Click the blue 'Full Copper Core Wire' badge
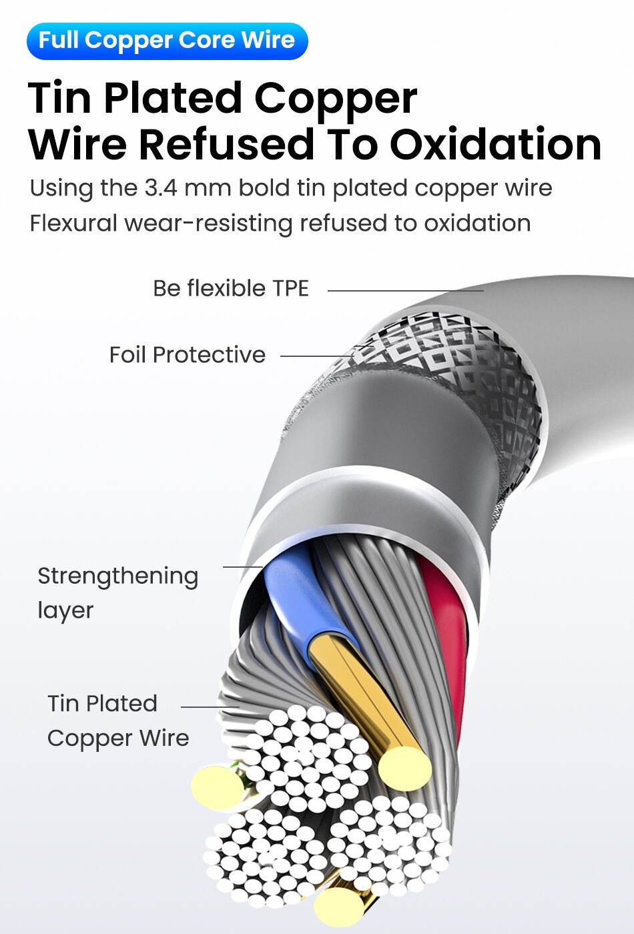click(167, 41)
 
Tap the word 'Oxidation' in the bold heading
click(495, 144)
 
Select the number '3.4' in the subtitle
click(160, 188)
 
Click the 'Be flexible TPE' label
click(231, 288)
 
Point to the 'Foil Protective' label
click(187, 355)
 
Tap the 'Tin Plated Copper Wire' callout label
click(118, 721)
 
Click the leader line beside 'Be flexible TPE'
click(405, 291)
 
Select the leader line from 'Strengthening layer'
click(242, 567)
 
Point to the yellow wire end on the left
click(215, 788)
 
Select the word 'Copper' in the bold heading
click(336, 98)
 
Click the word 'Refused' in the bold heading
click(227, 144)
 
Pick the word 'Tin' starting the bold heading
click(59, 98)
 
